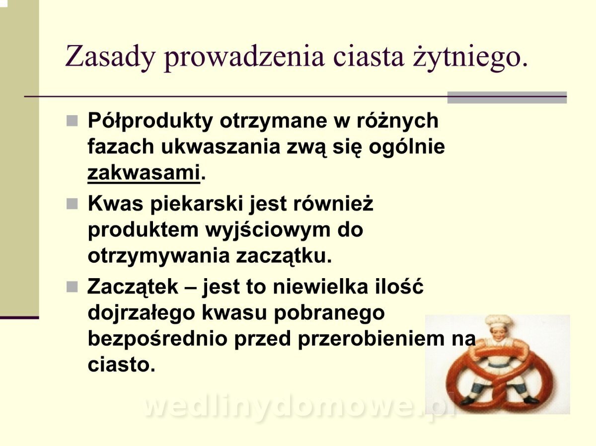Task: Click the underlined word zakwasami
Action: pos(144,173)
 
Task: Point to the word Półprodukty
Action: pos(150,121)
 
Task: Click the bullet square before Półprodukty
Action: pos(72,121)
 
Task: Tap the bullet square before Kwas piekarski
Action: pos(72,204)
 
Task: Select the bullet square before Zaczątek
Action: pos(72,287)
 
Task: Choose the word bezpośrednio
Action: pos(157,339)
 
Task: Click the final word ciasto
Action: pos(121,365)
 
